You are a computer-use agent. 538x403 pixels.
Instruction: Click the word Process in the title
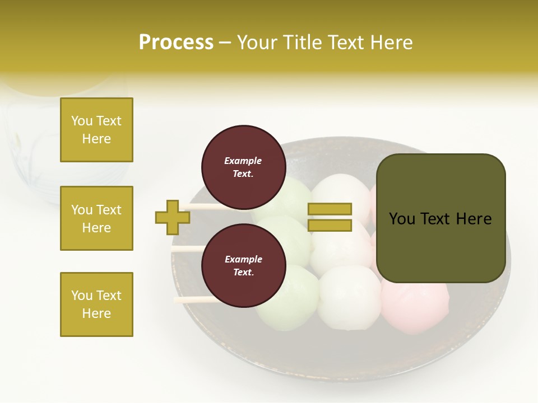(x=176, y=43)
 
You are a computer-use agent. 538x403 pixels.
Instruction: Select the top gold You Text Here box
(x=96, y=130)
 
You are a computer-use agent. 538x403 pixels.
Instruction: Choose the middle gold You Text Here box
(x=96, y=218)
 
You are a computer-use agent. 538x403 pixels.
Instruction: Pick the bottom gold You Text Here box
(x=96, y=304)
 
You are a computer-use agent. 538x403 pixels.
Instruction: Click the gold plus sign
(x=173, y=217)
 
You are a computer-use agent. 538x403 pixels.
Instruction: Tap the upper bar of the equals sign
(x=330, y=209)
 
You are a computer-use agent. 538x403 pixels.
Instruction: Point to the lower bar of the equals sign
(x=330, y=226)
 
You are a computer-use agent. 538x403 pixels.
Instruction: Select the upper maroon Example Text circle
(x=243, y=167)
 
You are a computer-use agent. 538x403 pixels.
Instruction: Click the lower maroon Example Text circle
(x=243, y=266)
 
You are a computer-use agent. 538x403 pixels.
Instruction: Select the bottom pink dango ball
(x=415, y=308)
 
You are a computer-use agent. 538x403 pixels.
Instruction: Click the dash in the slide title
(x=225, y=43)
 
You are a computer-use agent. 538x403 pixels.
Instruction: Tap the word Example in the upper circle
(x=243, y=161)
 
